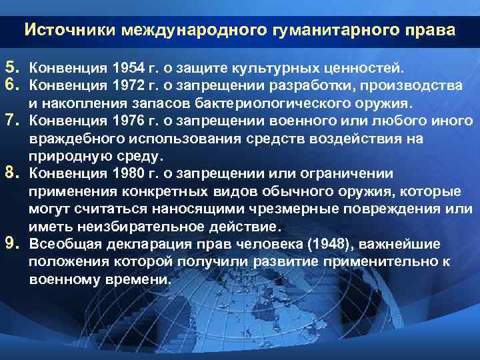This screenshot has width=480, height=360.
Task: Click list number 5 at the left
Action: coord(10,67)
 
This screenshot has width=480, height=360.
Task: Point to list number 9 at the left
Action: coord(10,243)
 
